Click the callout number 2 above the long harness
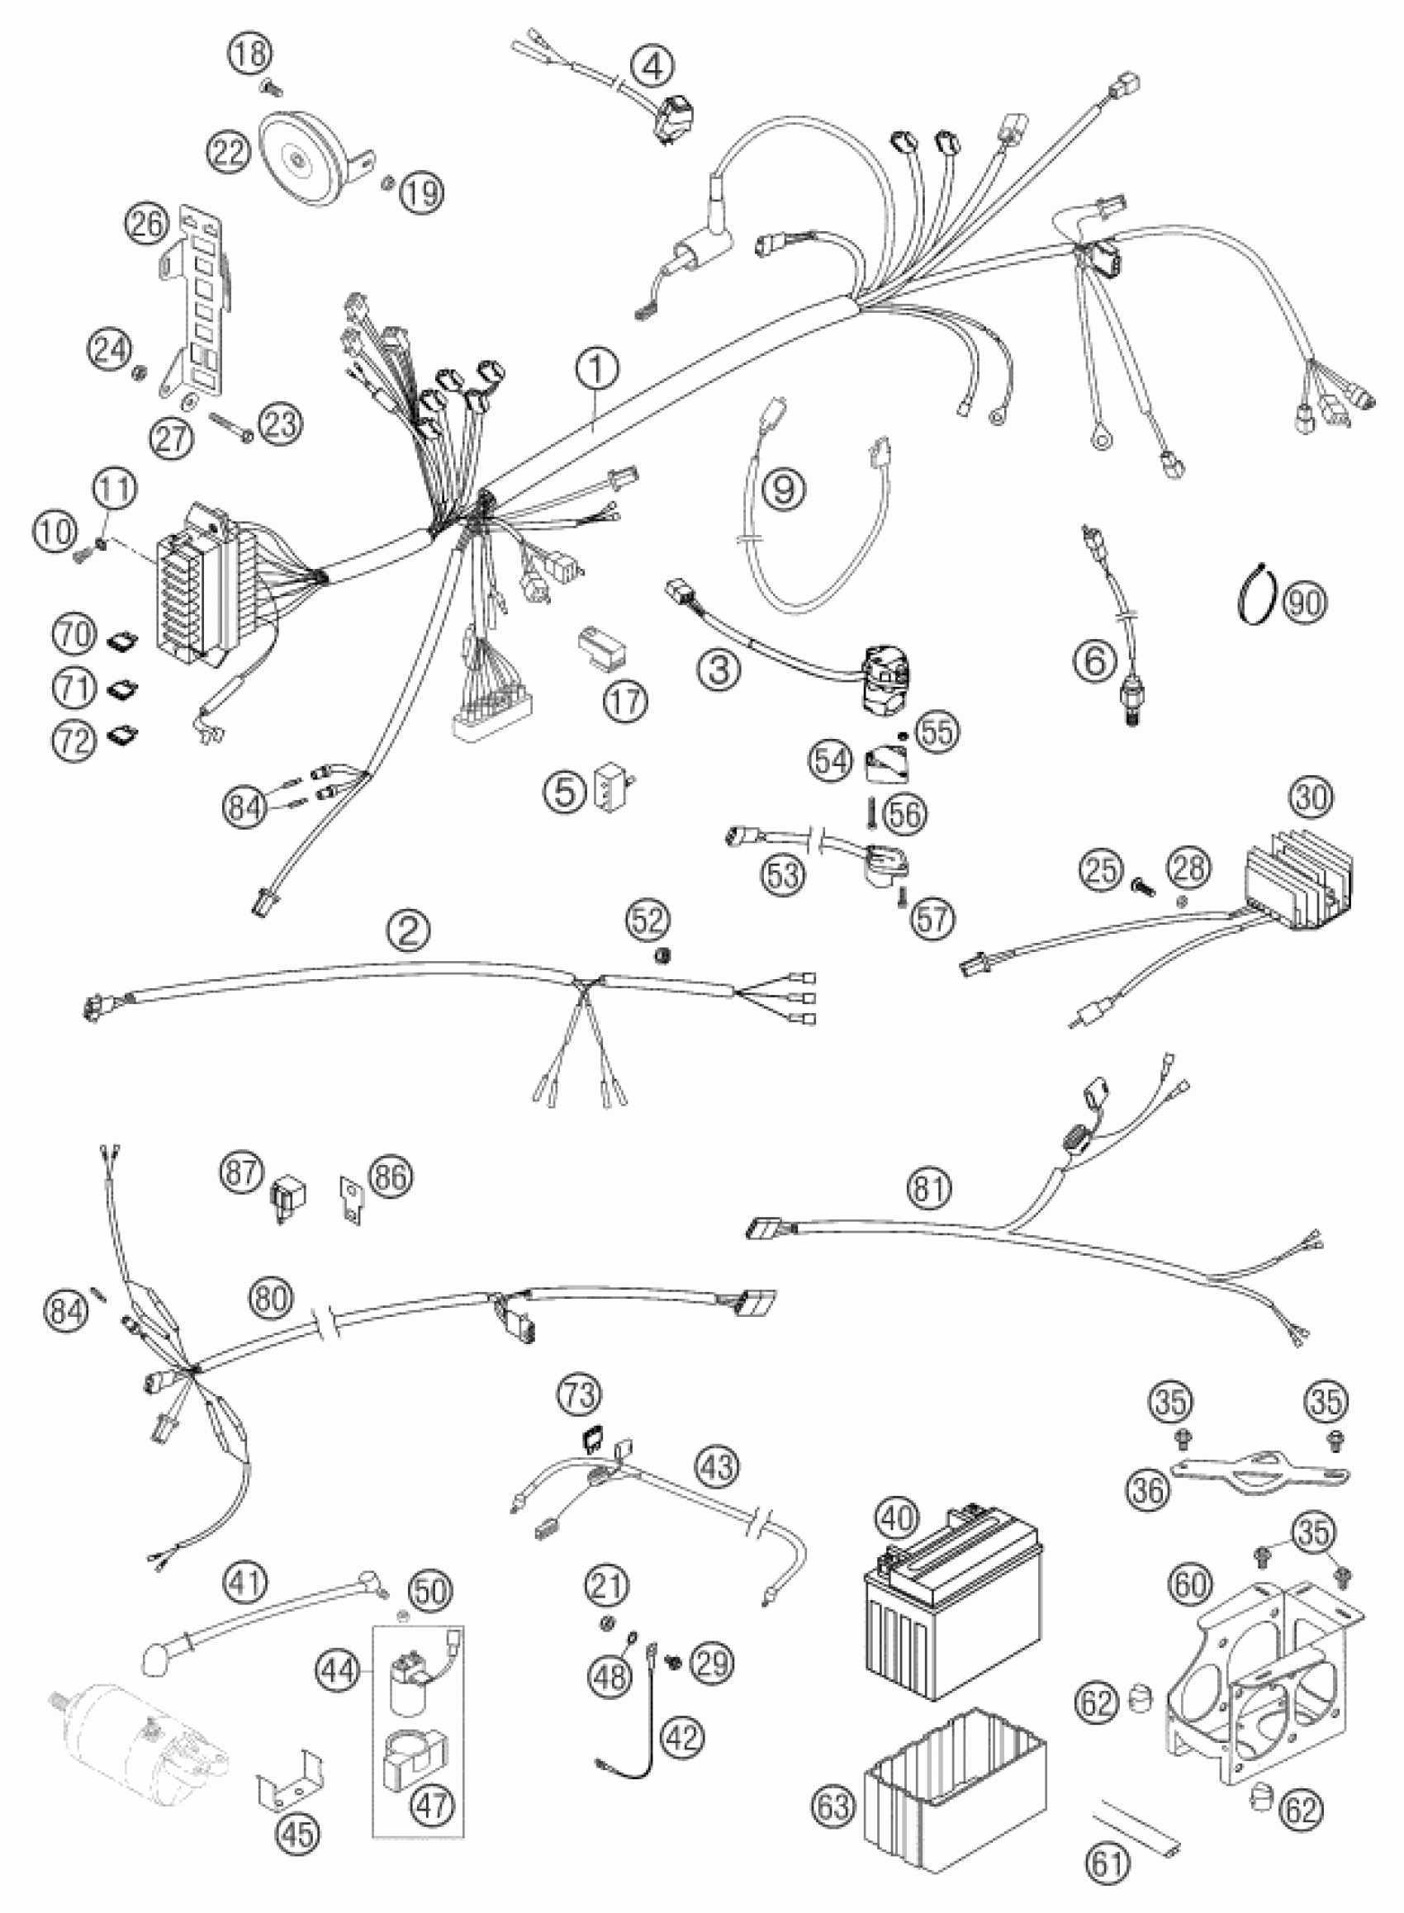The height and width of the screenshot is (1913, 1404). click(x=410, y=932)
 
